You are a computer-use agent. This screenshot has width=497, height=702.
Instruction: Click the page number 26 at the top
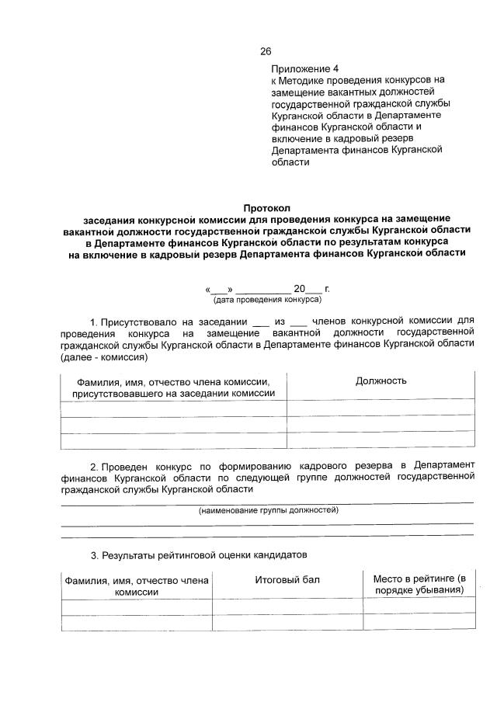pos(266,52)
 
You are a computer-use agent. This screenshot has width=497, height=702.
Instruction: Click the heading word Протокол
pos(266,208)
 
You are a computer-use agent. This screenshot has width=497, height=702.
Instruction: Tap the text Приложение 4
pos(305,69)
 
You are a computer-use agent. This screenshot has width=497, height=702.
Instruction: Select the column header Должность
pos(381,381)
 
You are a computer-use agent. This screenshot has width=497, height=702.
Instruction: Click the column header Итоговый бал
pos(287,580)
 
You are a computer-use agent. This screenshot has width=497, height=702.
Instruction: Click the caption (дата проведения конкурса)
pos(266,299)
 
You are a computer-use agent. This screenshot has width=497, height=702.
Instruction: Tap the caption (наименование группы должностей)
pos(268,510)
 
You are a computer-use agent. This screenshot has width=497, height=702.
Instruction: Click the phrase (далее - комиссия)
pos(103,358)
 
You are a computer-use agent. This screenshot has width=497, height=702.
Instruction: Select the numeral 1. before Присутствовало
pos(94,321)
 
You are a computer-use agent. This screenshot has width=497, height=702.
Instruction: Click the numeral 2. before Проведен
pos(94,466)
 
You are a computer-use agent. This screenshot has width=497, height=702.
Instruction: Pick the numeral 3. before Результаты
pos(94,555)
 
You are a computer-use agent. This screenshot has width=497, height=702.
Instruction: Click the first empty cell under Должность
pos(381,408)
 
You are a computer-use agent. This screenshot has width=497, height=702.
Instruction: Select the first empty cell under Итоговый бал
pos(287,606)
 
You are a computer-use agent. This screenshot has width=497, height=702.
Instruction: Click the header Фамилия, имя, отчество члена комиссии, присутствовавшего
pos(173,387)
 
